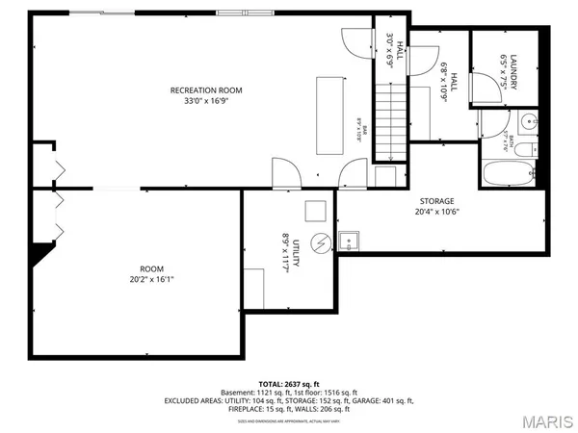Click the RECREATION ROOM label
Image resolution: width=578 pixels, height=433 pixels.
[206, 90]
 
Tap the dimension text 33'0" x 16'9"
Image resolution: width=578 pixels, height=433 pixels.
[206, 102]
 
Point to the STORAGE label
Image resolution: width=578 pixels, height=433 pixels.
[435, 201]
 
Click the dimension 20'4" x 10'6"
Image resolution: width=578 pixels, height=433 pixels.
[435, 213]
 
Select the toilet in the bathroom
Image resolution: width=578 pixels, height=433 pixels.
[488, 123]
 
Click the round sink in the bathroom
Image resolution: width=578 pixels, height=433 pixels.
[528, 123]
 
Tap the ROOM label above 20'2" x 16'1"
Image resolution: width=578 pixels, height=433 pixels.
[151, 268]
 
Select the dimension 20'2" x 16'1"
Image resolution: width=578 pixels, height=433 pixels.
[151, 280]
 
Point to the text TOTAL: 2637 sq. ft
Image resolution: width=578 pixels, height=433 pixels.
[289, 383]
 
